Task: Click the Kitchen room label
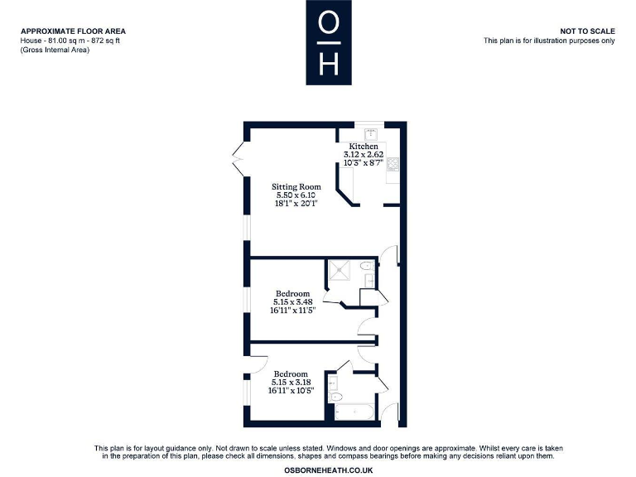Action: (x=363, y=147)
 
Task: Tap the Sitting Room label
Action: (x=296, y=187)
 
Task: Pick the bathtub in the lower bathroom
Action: (x=355, y=412)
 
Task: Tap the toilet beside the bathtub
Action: (x=335, y=397)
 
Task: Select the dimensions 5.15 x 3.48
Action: (x=293, y=302)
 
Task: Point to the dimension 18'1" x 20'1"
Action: (x=296, y=203)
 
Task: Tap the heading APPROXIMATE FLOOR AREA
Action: (x=74, y=31)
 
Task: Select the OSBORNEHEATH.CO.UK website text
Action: (x=329, y=470)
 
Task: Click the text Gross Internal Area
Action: (x=55, y=50)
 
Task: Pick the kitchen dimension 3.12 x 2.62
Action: (x=363, y=155)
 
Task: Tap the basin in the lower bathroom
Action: (x=332, y=382)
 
